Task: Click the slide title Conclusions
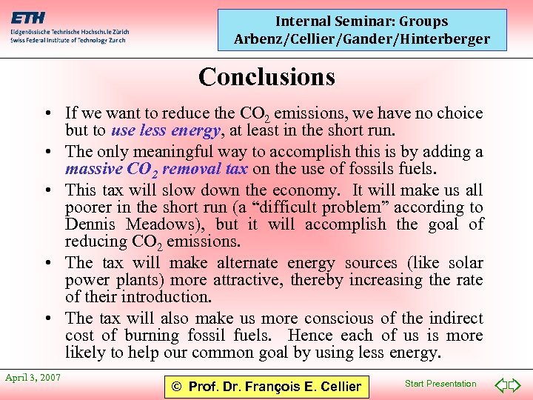pyautogui.click(x=266, y=76)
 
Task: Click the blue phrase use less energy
pyautogui.click(x=166, y=132)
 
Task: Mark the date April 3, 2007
pyautogui.click(x=33, y=378)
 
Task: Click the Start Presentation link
pyautogui.click(x=441, y=384)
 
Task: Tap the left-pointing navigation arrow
pyautogui.click(x=500, y=385)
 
